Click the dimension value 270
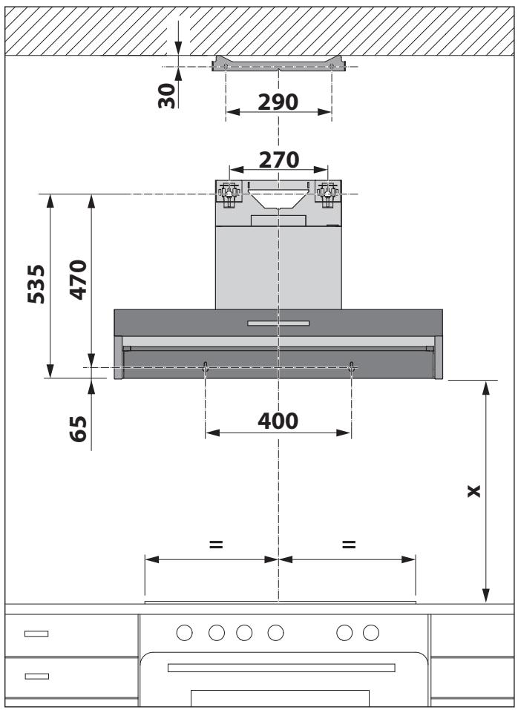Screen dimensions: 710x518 click(278, 159)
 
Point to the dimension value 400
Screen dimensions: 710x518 click(278, 421)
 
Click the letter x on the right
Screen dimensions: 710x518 click(473, 491)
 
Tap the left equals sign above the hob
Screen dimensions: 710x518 click(215, 545)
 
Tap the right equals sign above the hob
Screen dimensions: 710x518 click(347, 545)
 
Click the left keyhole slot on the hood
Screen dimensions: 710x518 click(206, 366)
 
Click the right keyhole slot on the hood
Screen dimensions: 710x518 click(351, 366)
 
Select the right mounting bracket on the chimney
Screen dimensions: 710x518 click(327, 193)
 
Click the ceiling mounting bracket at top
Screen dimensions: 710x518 click(278, 65)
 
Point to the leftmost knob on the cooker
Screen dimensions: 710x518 click(186, 633)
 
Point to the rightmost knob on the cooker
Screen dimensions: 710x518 click(370, 633)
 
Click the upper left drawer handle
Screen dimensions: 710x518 click(35, 634)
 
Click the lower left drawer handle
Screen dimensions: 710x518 click(35, 676)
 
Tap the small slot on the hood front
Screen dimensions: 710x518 click(278, 323)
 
